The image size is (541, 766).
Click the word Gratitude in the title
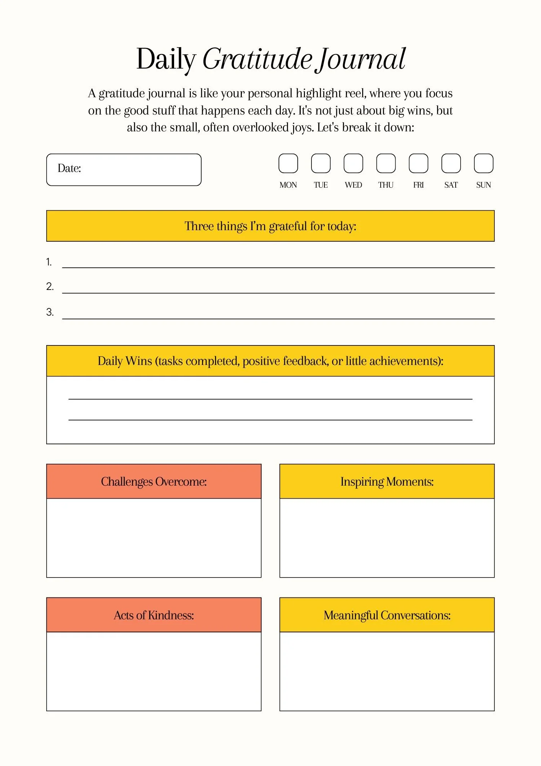(257, 59)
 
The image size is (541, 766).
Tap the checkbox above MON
(288, 164)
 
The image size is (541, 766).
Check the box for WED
(353, 164)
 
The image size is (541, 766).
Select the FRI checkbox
(419, 164)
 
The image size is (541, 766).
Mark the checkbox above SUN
(484, 164)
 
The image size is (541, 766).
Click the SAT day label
(451, 185)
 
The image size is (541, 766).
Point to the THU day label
(386, 185)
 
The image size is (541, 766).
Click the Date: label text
(69, 169)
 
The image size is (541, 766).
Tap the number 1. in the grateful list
(49, 262)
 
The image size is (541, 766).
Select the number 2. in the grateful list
(50, 286)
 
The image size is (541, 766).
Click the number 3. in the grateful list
(50, 312)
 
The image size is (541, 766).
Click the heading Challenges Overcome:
(154, 481)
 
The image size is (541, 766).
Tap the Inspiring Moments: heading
(387, 481)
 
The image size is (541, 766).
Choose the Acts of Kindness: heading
(154, 615)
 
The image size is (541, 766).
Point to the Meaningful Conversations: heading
(387, 615)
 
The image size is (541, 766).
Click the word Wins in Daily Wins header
(139, 361)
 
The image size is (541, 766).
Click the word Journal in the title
(362, 59)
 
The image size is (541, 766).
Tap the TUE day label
(321, 185)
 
